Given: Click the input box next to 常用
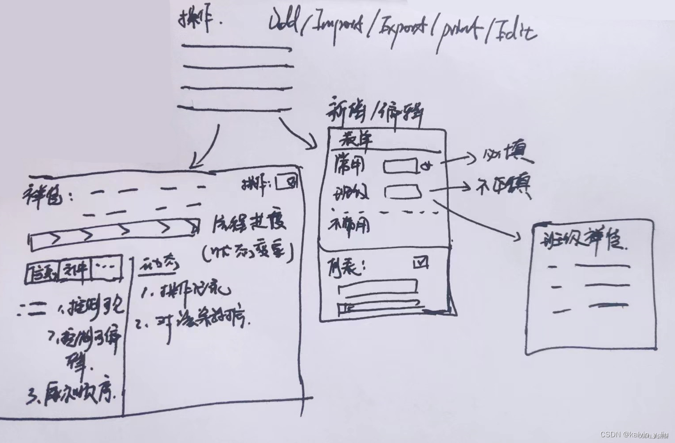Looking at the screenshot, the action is click(400, 166).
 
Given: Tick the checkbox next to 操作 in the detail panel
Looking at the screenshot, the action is click(286, 182).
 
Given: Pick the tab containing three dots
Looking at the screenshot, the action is click(106, 268).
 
